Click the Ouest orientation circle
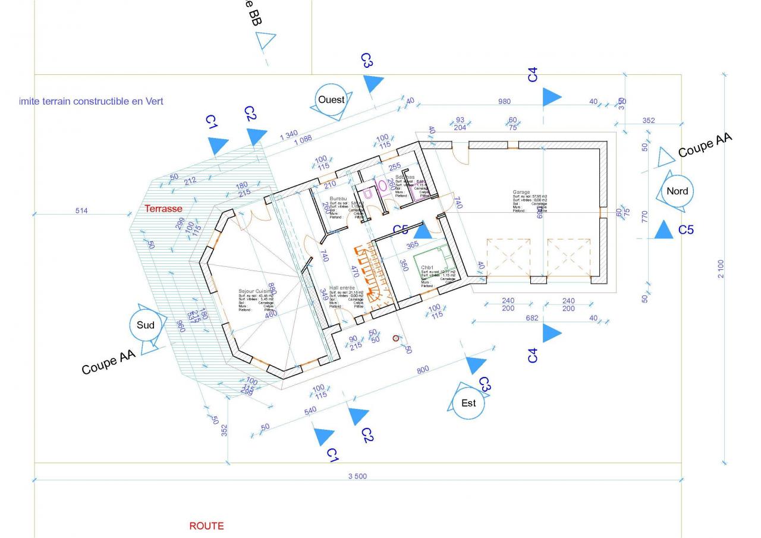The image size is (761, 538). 331,100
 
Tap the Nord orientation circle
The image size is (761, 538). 677,191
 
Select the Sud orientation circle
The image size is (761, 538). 146,325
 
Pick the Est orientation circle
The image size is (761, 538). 468,403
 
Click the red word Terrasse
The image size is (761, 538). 163,209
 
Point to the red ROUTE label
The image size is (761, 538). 206,526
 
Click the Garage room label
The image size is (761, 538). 521,193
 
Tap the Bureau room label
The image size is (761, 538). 338,199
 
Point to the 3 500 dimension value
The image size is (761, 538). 357,476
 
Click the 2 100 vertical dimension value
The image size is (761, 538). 721,269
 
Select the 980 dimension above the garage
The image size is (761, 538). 504,102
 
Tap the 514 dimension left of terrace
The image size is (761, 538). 81,211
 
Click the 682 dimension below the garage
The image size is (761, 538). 532,318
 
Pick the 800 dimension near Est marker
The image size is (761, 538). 423,370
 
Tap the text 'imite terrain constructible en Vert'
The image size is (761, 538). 91,101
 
